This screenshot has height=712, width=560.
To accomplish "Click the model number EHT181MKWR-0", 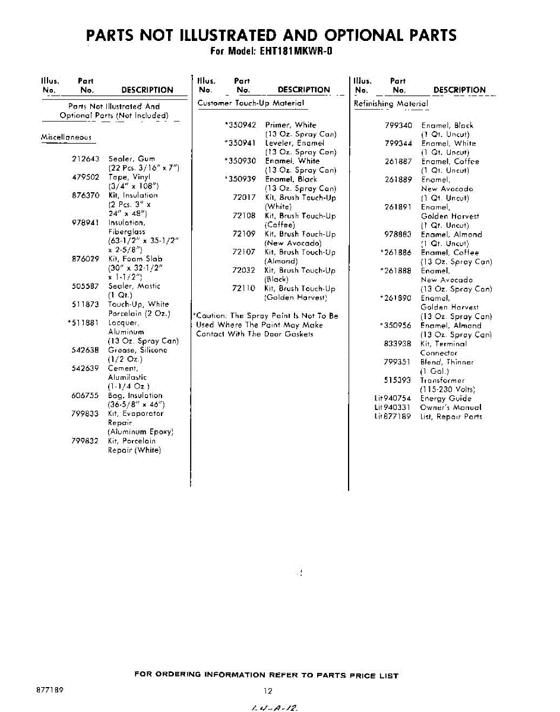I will tap(295, 52).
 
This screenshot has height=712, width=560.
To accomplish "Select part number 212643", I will tap(84, 159).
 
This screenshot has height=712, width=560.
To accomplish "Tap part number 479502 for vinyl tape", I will tap(84, 177).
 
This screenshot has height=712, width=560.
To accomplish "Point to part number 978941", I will tap(84, 223).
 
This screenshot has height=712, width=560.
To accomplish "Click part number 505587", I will tap(84, 287).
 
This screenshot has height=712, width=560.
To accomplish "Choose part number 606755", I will tap(84, 396).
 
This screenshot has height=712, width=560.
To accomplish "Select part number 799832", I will tap(84, 441).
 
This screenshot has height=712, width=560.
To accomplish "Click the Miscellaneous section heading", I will tap(66, 138).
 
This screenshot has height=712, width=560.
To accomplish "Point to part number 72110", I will tap(243, 288).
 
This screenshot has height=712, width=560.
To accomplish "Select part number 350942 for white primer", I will tap(242, 125).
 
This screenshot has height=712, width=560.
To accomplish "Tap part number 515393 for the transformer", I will tap(398, 380).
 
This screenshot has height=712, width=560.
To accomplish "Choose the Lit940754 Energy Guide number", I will tap(393, 399).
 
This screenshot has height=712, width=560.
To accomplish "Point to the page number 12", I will tap(268, 691).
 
